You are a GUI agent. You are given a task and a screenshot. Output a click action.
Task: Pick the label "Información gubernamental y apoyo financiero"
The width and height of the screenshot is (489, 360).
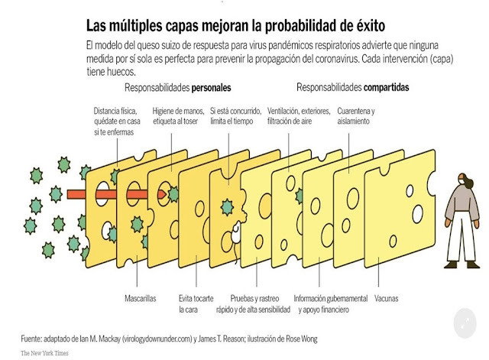331,303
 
